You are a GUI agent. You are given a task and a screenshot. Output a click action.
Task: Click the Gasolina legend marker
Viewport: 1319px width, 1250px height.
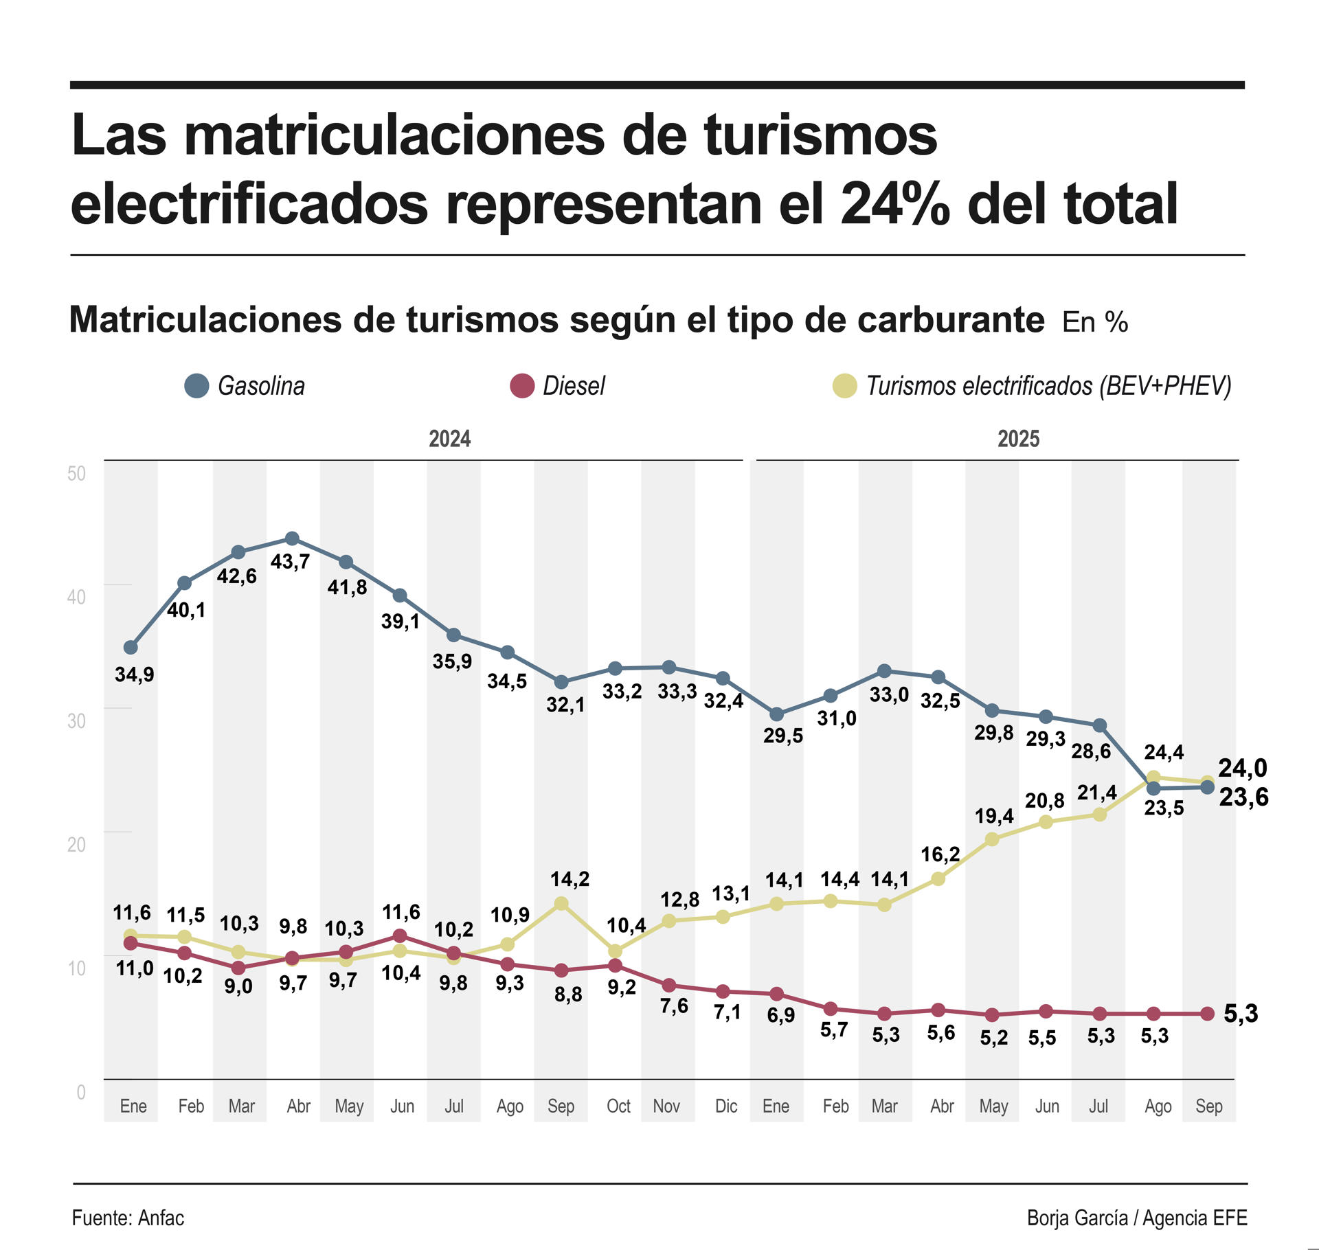[x=196, y=386]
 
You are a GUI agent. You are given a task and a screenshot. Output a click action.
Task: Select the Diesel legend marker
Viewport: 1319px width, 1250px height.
[x=522, y=386]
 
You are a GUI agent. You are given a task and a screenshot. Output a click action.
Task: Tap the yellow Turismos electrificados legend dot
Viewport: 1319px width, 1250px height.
[x=844, y=386]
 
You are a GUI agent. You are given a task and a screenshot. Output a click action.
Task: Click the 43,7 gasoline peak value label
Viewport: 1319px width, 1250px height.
[x=290, y=562]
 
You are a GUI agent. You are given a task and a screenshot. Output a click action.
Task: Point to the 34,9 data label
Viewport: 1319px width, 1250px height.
[x=135, y=674]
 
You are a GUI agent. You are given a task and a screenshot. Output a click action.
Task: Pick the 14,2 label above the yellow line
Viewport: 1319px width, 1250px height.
[x=570, y=879]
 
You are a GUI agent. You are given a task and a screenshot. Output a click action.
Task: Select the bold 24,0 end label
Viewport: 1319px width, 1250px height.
[x=1242, y=768]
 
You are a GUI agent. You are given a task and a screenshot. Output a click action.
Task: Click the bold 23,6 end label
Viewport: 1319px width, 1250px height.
[x=1243, y=797]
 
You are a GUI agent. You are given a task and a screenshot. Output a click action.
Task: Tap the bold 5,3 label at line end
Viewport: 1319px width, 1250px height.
[x=1241, y=1014]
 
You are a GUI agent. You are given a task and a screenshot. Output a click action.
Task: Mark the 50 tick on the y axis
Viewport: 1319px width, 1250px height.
[x=77, y=473]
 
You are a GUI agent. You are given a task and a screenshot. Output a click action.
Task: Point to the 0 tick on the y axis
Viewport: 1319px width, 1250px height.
[x=81, y=1092]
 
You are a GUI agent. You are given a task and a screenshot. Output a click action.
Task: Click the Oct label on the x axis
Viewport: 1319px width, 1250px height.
[x=618, y=1106]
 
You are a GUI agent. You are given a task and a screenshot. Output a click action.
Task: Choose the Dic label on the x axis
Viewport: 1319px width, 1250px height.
[x=726, y=1106]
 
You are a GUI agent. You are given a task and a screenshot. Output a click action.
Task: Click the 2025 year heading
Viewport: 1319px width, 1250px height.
[x=1018, y=439]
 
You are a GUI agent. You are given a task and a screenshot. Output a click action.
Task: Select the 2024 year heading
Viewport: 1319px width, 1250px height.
[x=449, y=439]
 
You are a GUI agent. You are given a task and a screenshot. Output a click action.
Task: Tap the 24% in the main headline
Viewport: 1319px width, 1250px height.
[x=895, y=204]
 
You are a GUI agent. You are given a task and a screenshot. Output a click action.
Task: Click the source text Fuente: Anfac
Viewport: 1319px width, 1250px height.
[x=128, y=1218]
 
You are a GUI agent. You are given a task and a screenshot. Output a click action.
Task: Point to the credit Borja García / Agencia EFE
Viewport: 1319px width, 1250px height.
[x=1137, y=1218]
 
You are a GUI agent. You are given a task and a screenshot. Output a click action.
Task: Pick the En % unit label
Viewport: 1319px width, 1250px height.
[x=1095, y=322]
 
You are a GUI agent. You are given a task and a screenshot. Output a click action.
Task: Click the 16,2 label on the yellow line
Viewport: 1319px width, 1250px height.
[x=940, y=854]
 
